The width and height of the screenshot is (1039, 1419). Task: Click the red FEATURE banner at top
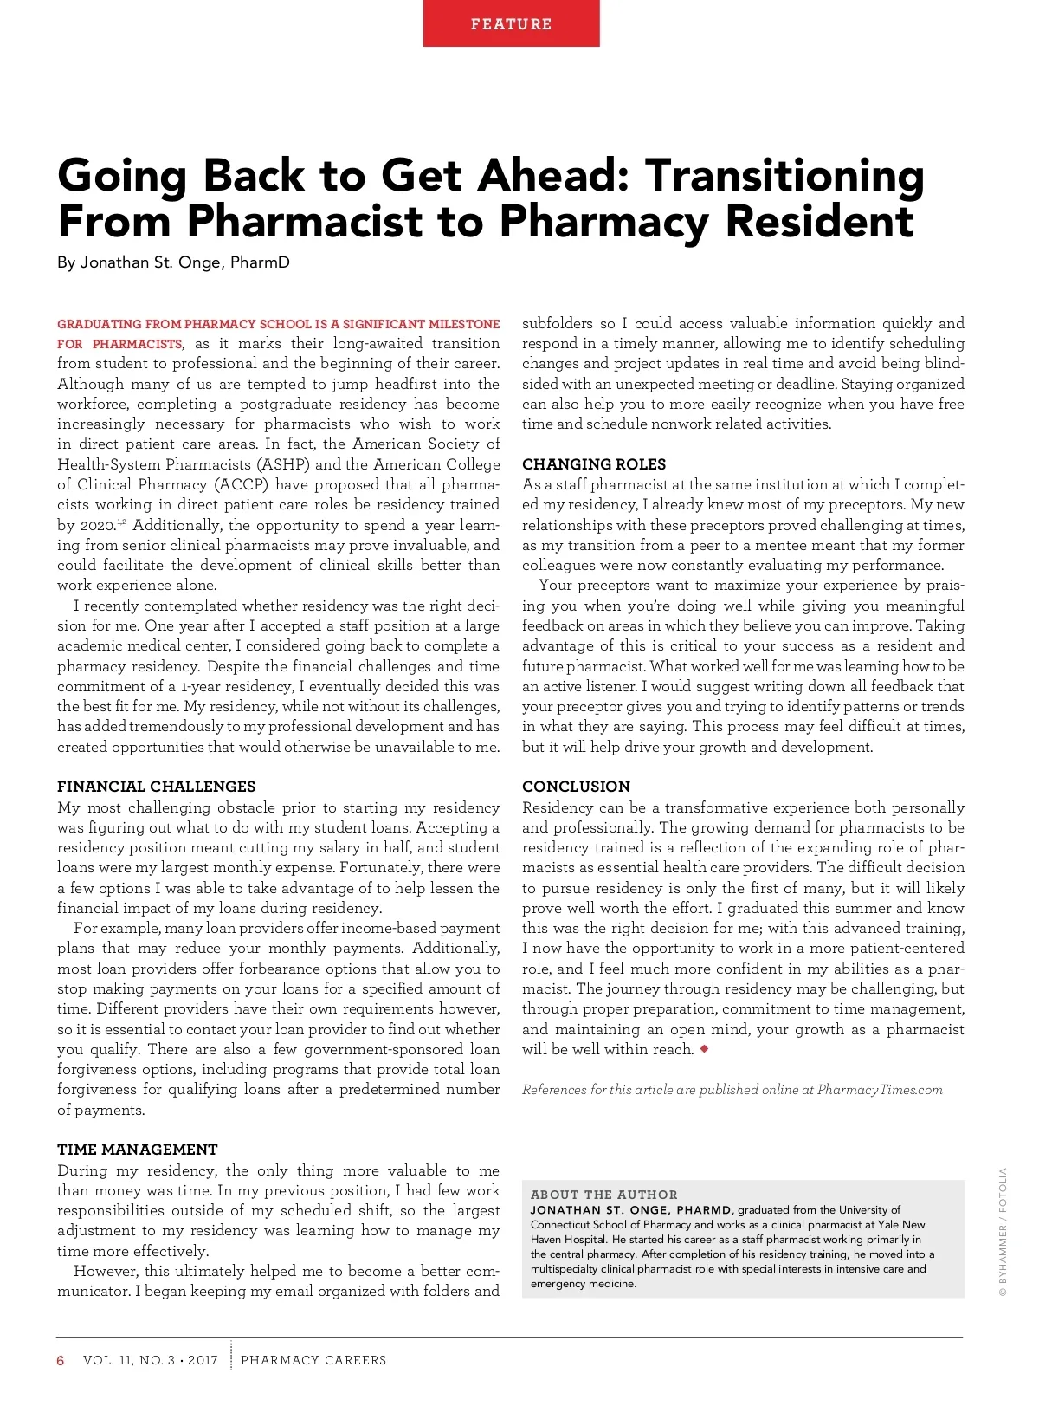pos(511,23)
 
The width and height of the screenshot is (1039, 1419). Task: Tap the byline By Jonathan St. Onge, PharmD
pos(173,262)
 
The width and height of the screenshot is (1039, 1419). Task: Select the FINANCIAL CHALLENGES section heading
pos(156,787)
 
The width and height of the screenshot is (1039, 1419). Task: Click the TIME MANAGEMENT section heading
pos(137,1150)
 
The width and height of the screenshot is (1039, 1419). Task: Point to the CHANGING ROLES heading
pos(593,464)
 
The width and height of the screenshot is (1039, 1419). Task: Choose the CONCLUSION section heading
pos(576,787)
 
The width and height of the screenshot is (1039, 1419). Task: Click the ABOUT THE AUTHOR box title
pos(603,1195)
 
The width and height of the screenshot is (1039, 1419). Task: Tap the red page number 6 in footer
pos(61,1360)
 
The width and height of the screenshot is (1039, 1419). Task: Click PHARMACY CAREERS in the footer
pos(313,1360)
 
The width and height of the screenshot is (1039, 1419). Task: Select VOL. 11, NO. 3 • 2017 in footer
pos(151,1360)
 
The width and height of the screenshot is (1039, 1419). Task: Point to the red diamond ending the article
pos(704,1049)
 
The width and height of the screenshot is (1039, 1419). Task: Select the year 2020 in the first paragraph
pos(98,525)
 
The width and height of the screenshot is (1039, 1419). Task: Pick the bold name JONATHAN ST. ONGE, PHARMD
pos(631,1209)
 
